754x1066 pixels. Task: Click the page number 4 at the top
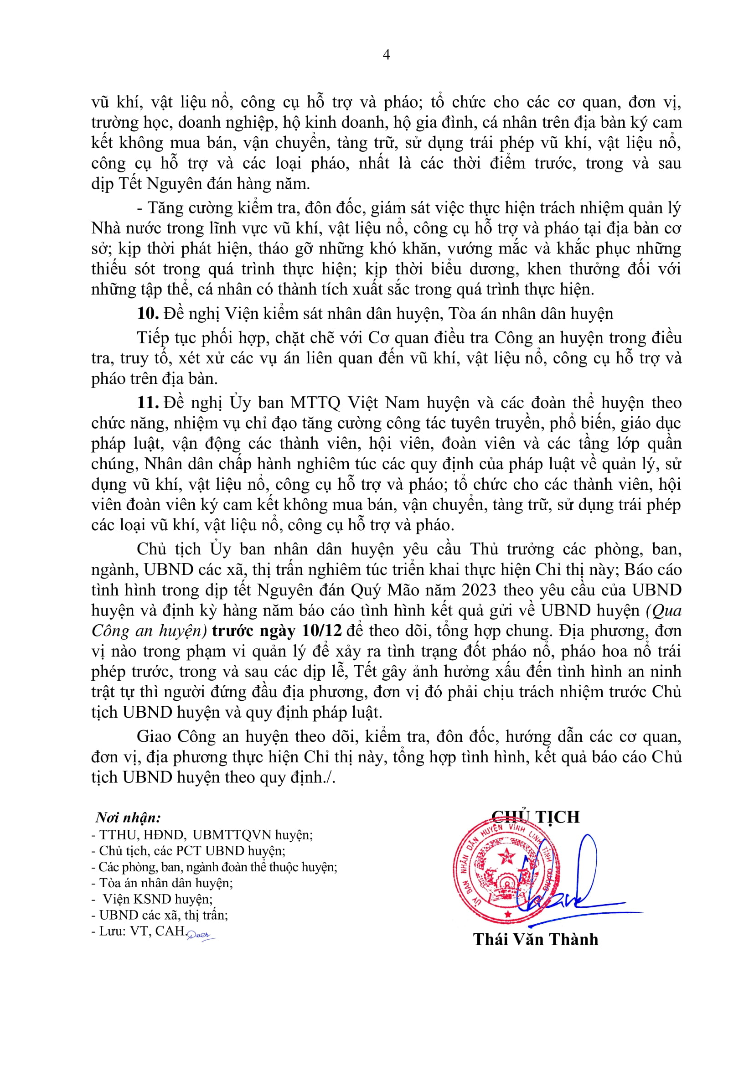386,55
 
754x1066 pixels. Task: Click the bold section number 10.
148,313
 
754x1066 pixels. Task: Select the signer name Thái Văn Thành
535,939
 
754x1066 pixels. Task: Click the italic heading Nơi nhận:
128,818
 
